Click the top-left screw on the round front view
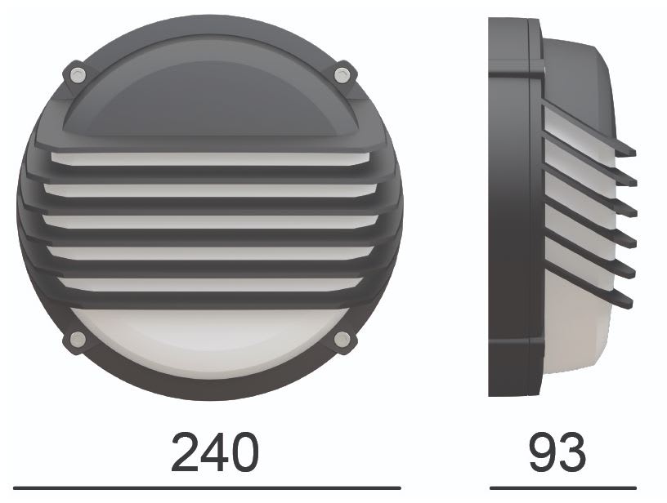[x=78, y=74]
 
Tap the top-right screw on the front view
[x=342, y=75]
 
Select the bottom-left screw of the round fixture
[x=78, y=338]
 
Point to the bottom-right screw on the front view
[x=342, y=338]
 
